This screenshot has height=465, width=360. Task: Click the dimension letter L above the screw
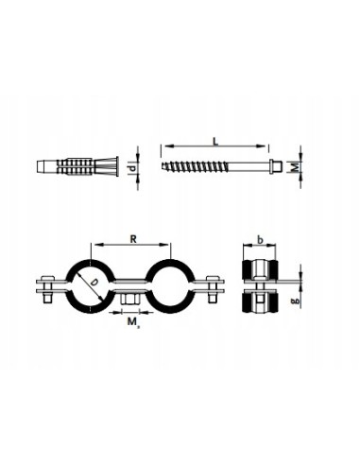coord(215,141)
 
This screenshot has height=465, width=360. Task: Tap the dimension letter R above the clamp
coord(133,239)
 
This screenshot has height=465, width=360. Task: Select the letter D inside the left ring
coord(93,283)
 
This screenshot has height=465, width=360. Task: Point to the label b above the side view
coord(260,240)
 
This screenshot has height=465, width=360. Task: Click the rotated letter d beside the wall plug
coord(132,168)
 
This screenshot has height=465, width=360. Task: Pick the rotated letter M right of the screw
coord(295,166)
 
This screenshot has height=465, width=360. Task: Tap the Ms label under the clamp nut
coord(132,322)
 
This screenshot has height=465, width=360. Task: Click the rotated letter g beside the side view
coord(296,301)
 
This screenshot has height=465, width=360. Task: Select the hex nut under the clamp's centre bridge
coord(129,299)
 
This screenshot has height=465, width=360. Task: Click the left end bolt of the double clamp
coord(47,289)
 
